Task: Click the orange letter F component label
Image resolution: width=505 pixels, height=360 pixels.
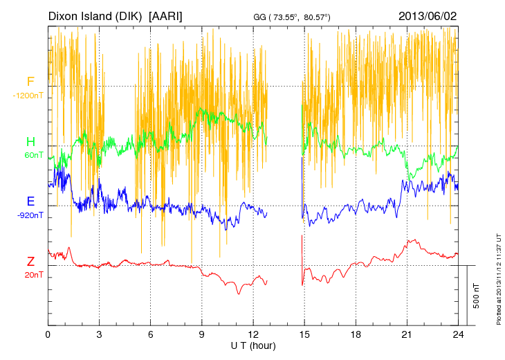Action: tap(30, 82)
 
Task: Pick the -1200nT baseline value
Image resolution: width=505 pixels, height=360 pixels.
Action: tap(28, 96)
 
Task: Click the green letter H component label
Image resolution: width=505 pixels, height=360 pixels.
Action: tap(30, 142)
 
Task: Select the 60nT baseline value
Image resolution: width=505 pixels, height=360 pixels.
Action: tap(33, 155)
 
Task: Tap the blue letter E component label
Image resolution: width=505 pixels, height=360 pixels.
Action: tap(30, 201)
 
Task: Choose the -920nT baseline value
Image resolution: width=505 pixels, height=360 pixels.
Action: tap(31, 215)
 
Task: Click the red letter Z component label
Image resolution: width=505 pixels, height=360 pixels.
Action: tap(30, 261)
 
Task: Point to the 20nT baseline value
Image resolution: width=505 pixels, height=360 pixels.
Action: tap(33, 275)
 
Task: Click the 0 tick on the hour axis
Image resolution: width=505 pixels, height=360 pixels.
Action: tap(48, 334)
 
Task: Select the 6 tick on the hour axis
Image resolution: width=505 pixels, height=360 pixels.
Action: tap(151, 334)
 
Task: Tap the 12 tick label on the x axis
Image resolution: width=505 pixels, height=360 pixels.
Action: tap(253, 334)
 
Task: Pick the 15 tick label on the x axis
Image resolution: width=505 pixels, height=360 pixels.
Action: tap(304, 334)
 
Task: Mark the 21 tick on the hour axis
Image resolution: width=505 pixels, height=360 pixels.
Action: tap(407, 334)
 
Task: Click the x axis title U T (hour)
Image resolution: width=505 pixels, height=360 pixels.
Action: tap(253, 345)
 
